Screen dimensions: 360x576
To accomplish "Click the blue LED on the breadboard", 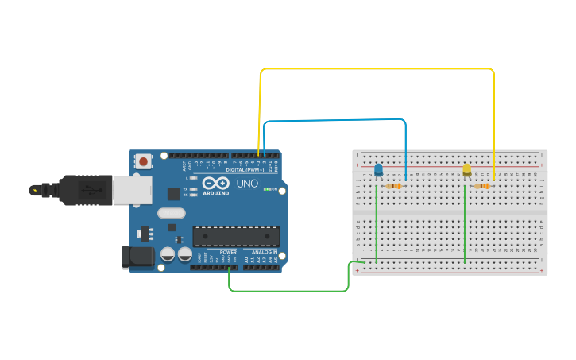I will point(378,169).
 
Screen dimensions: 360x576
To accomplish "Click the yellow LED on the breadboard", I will point(466,169).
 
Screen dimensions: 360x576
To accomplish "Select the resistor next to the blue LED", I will point(394,186).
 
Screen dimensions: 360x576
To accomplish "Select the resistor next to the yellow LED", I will point(482,186).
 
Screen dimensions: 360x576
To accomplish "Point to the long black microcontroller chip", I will point(236,236).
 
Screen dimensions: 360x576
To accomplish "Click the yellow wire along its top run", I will point(377,69).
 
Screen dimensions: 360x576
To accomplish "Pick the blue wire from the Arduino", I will point(334,121).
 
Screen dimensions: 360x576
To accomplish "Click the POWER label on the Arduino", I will point(228,252).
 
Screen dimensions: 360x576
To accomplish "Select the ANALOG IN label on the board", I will point(265,252).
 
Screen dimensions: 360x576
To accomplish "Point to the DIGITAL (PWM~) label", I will point(244,169).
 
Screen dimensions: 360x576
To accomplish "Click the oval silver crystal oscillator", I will point(171,212).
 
